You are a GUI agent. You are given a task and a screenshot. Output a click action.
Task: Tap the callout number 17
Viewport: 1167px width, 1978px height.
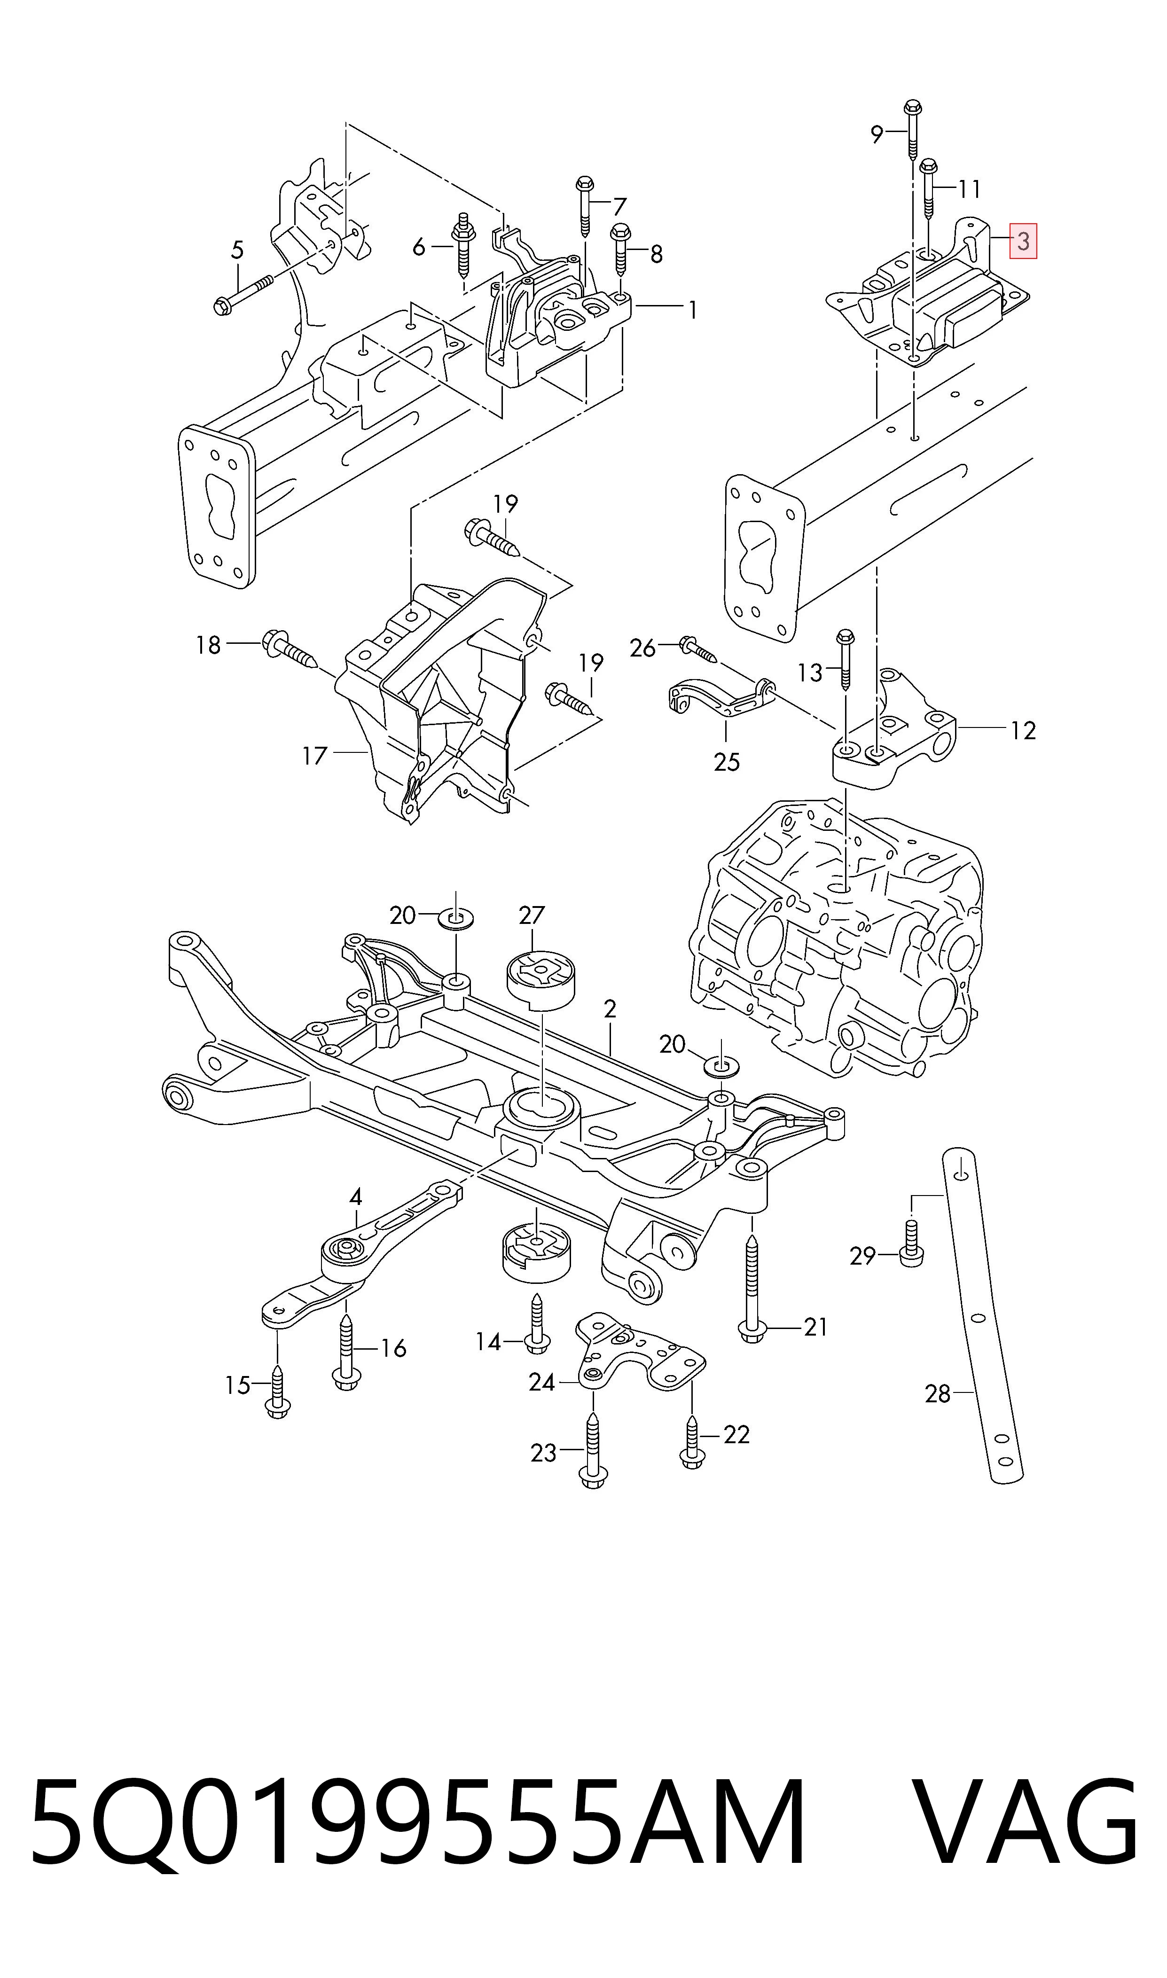coord(314,756)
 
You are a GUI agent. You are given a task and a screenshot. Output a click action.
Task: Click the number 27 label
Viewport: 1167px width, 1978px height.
coord(532,915)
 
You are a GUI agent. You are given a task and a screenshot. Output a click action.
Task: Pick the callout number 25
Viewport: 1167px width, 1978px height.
coord(727,762)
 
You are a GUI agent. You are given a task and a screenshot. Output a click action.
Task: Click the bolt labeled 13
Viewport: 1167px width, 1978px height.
coord(846,660)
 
